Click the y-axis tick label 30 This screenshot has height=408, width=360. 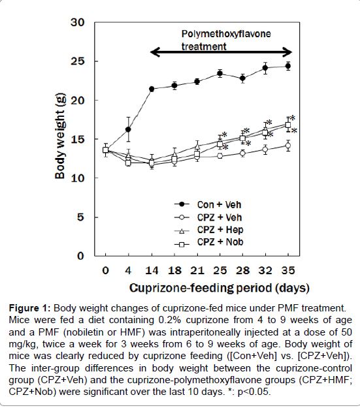tap(78, 23)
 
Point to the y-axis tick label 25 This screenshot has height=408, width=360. tap(78, 61)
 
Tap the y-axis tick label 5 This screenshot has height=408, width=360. tap(81, 217)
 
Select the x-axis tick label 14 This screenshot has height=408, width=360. tap(152, 271)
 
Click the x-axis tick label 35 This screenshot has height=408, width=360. tap(288, 271)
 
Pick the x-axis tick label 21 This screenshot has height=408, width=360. tap(197, 271)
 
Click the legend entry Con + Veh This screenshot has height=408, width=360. tap(208, 205)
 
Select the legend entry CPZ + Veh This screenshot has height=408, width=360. tap(208, 217)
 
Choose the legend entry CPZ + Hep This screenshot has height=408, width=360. tap(208, 230)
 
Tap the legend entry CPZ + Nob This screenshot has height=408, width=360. tap(208, 242)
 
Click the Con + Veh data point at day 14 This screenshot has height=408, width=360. tap(152, 89)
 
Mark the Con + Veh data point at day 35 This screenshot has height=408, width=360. tap(288, 67)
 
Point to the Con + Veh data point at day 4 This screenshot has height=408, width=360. tap(128, 129)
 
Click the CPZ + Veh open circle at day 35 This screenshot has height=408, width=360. tap(288, 146)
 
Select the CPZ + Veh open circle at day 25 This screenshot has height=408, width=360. tap(220, 156)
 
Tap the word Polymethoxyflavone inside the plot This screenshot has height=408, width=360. tap(226, 34)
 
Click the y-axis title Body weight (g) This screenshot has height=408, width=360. tap(60, 136)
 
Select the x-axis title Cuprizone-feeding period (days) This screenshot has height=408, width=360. tap(220, 289)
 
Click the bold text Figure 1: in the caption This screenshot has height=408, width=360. tap(29, 308)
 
